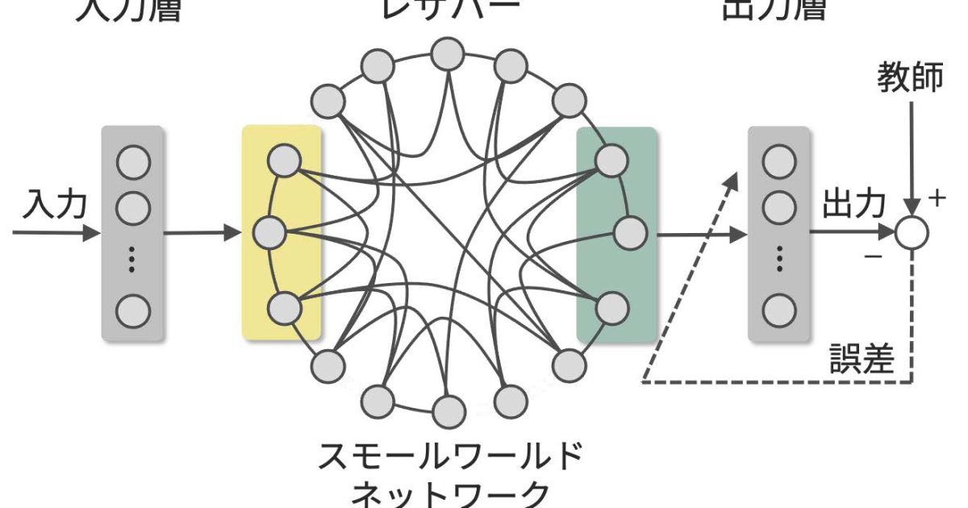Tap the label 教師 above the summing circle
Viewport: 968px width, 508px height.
910,79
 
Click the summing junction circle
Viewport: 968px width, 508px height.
912,232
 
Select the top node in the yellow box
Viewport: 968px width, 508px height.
283,160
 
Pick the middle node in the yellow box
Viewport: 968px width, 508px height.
269,234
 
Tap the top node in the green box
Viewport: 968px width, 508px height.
610,159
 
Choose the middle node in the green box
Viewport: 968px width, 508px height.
629,233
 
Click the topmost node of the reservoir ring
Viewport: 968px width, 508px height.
447,54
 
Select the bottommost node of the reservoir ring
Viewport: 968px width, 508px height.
449,412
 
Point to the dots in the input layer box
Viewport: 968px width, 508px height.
133,260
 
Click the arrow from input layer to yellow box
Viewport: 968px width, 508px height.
202,234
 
